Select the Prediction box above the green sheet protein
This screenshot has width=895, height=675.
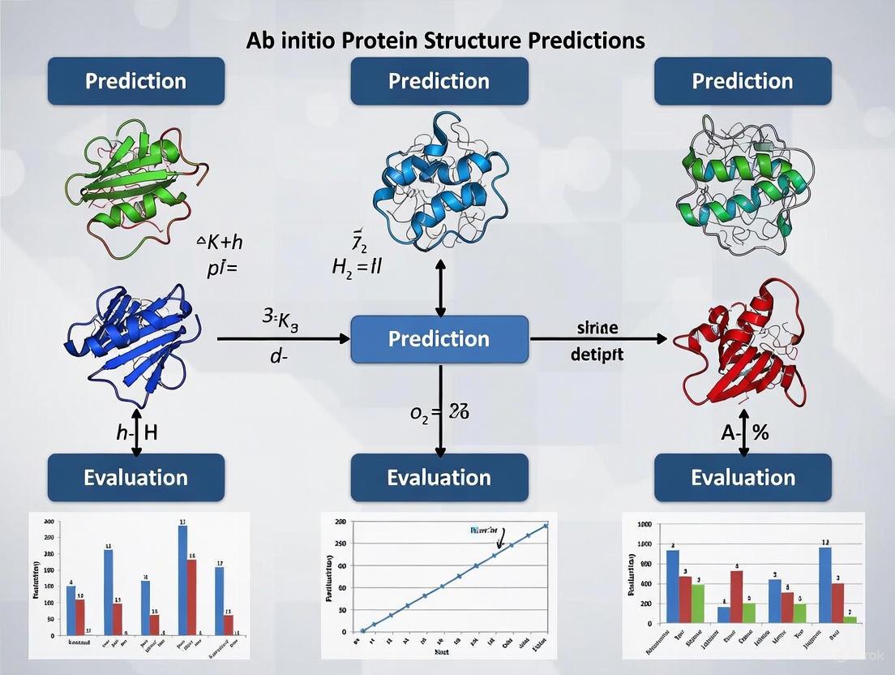(135, 81)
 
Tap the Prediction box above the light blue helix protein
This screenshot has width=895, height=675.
(439, 81)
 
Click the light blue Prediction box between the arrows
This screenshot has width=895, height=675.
(439, 338)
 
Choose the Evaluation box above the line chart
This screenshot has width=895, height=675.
(439, 477)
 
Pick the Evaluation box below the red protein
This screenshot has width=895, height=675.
(743, 477)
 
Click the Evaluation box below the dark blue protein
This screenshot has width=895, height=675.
(135, 477)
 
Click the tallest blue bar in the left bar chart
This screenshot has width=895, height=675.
(182, 580)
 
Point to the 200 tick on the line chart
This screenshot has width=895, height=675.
(340, 523)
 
